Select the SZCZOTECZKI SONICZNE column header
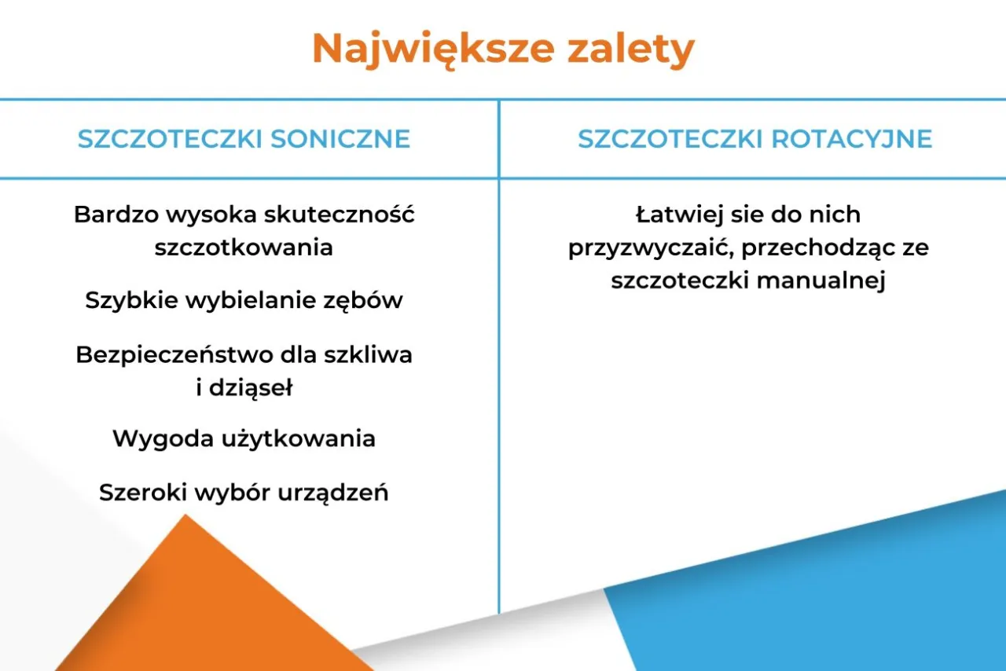(244, 139)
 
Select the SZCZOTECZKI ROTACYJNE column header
(754, 139)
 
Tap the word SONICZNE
(340, 139)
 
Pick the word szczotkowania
(244, 247)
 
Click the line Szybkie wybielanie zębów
(244, 300)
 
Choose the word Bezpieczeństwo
(174, 354)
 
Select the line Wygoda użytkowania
(244, 438)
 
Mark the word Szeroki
(141, 493)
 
